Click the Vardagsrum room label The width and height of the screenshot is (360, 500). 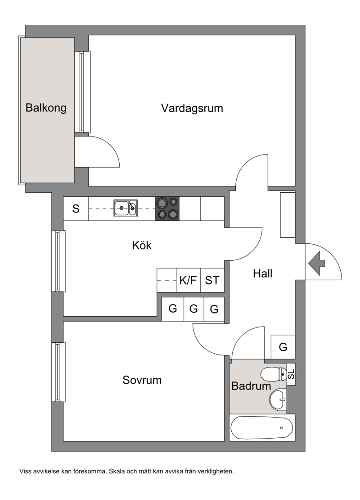coord(192,109)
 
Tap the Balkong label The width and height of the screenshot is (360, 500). coord(46,108)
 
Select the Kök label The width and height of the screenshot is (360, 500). coord(142,245)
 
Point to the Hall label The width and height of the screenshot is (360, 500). coord(262,273)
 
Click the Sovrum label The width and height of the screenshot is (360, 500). coord(142,380)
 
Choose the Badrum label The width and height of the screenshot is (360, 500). coord(251,386)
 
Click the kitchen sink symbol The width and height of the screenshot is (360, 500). coord(126,208)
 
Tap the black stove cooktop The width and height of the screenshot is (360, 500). coord(167,209)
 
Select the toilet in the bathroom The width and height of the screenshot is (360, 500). coord(273,374)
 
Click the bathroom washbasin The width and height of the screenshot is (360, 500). coord(279,399)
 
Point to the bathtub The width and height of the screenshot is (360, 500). coord(261,427)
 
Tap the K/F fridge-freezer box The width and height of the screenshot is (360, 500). coord(188,280)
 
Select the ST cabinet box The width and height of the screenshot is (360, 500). coord(212,280)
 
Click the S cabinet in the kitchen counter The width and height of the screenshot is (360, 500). coord(76,209)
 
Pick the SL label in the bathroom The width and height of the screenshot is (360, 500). coord(291,374)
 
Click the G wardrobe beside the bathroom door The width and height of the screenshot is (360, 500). coord(283,346)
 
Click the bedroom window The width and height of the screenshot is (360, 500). coord(58,372)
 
